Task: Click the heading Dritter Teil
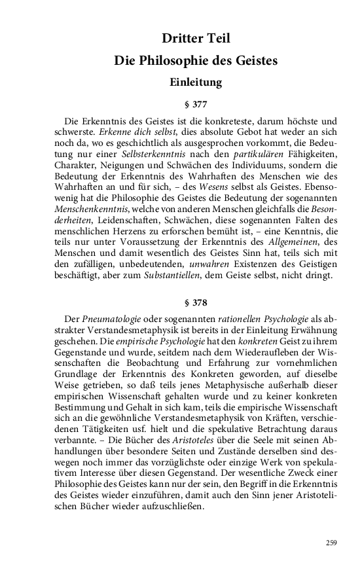pos(196,39)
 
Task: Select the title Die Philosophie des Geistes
pos(196,61)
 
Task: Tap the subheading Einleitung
pos(196,83)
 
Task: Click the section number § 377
pos(196,103)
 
